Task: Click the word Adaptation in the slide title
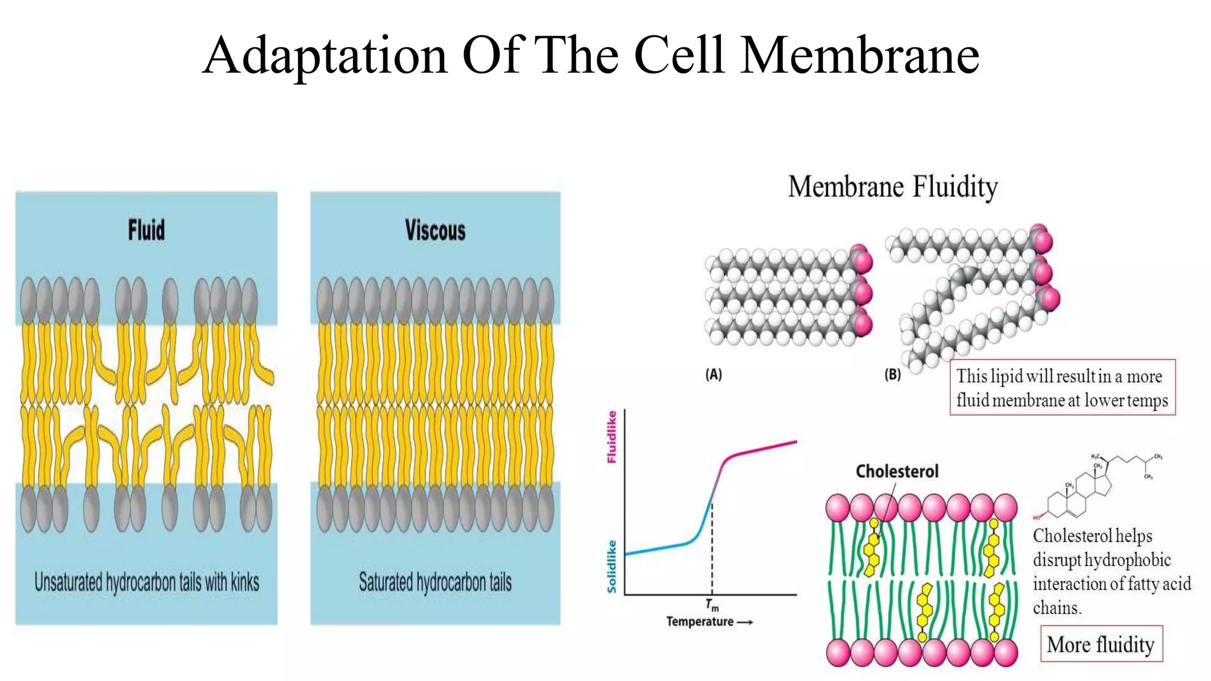click(x=325, y=56)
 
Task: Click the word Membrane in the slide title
click(x=860, y=56)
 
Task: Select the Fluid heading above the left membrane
click(x=146, y=230)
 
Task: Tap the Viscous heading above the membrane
click(x=435, y=230)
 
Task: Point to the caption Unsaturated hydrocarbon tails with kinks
click(x=147, y=582)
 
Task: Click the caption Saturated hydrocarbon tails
click(x=435, y=582)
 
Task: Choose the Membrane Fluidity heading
click(x=893, y=187)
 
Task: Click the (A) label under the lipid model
click(x=714, y=375)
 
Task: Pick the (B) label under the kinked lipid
click(x=892, y=375)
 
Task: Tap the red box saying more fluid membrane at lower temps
click(x=1062, y=388)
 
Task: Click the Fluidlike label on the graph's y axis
click(x=612, y=437)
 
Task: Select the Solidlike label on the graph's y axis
click(x=612, y=566)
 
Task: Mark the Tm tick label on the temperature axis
click(x=712, y=605)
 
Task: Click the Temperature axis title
click(x=700, y=622)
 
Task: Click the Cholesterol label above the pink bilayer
click(x=897, y=471)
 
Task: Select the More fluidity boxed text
click(x=1101, y=644)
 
